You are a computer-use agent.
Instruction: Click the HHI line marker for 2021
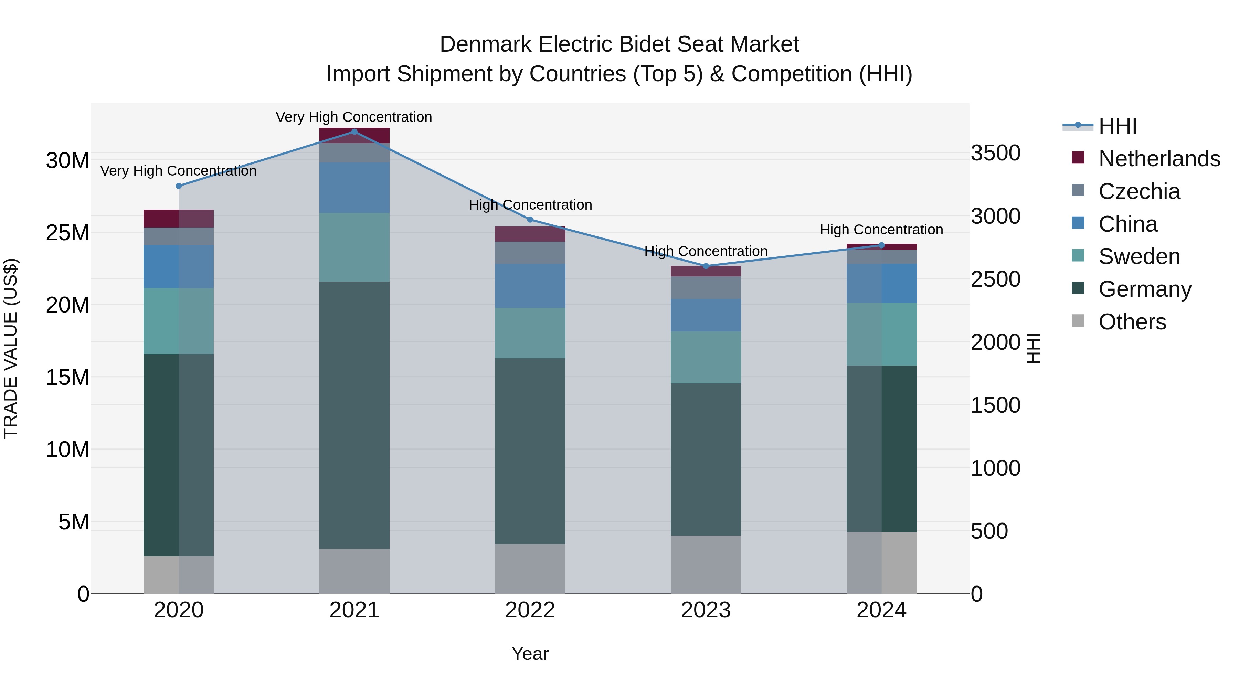tap(354, 132)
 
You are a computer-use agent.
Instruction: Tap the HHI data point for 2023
tap(706, 266)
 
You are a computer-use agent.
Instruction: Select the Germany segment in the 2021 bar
tap(354, 415)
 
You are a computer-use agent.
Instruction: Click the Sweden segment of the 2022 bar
tap(530, 333)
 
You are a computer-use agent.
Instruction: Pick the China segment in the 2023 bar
tap(706, 315)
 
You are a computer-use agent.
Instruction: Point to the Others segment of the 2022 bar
tap(530, 569)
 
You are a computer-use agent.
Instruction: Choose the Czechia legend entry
tap(1139, 191)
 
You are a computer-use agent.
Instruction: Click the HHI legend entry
tap(1117, 126)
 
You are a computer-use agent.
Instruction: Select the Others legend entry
tap(1132, 322)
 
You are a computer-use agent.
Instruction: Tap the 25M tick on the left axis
tap(67, 233)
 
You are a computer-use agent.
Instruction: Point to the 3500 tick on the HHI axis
tap(995, 153)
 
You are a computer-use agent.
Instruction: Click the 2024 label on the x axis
tap(881, 610)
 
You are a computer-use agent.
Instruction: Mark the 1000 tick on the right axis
tap(995, 468)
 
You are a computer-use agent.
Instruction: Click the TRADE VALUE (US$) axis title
tap(11, 349)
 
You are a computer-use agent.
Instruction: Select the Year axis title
tap(530, 654)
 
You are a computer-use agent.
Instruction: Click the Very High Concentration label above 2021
tap(354, 117)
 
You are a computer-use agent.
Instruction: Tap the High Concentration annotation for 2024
tap(881, 230)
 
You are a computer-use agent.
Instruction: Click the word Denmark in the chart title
tap(485, 44)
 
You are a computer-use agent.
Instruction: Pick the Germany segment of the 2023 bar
tap(706, 460)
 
